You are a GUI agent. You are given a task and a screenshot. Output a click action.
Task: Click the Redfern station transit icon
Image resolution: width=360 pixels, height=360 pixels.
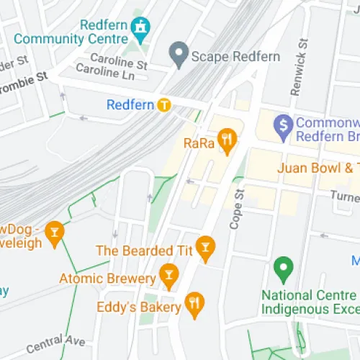tap(165, 105)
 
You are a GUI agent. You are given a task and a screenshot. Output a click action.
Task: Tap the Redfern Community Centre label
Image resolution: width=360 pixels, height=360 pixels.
tap(74, 32)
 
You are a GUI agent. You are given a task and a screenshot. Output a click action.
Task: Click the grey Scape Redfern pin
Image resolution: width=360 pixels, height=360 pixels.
tap(178, 52)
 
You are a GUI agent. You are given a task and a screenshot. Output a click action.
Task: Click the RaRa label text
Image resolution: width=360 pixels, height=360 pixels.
tap(199, 143)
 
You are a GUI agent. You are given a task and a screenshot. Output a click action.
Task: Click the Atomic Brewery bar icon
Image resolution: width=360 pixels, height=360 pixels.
tap(168, 274)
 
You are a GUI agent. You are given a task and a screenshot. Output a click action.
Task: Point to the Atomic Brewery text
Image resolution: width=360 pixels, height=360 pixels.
tap(107, 278)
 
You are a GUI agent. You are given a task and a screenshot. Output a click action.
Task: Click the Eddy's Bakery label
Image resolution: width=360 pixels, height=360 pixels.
tap(138, 307)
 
